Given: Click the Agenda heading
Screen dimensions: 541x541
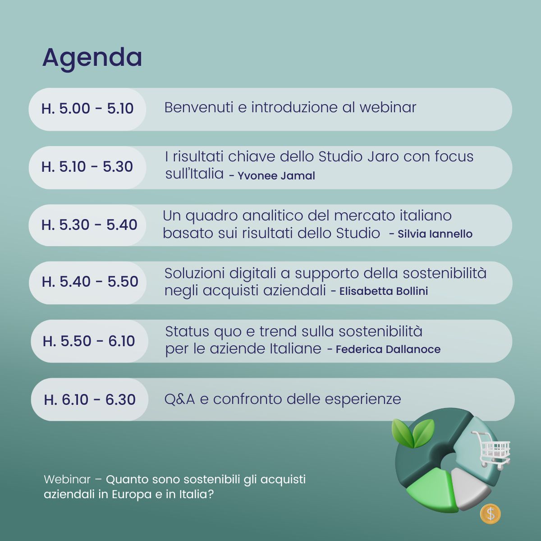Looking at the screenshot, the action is (x=92, y=58).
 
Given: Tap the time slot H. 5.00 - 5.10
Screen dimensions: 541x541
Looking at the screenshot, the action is (x=87, y=109).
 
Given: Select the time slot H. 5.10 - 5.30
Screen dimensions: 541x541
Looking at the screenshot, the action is (x=87, y=167).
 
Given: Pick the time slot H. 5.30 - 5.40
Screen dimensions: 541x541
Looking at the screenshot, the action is (x=89, y=225).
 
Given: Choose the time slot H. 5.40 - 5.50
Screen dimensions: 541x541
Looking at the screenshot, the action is (x=90, y=282).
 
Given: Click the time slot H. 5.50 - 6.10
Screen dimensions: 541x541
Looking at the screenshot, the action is (x=89, y=341).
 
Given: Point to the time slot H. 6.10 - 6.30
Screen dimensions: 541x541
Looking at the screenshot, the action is (x=90, y=399).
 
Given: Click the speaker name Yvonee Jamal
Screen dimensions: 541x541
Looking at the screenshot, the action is (x=276, y=176).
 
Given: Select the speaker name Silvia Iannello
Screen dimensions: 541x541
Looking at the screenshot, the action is (x=435, y=234).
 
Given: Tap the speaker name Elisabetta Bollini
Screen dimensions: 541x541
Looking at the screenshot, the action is (x=384, y=291).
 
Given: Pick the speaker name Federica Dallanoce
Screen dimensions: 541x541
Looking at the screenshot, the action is (x=388, y=349).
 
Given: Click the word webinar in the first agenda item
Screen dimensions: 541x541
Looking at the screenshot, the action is (x=388, y=108).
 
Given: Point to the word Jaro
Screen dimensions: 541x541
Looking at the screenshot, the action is (x=383, y=156).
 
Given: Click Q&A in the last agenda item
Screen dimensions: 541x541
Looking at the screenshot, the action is (x=179, y=399).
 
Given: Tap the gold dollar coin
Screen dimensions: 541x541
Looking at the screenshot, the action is (x=490, y=514).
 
